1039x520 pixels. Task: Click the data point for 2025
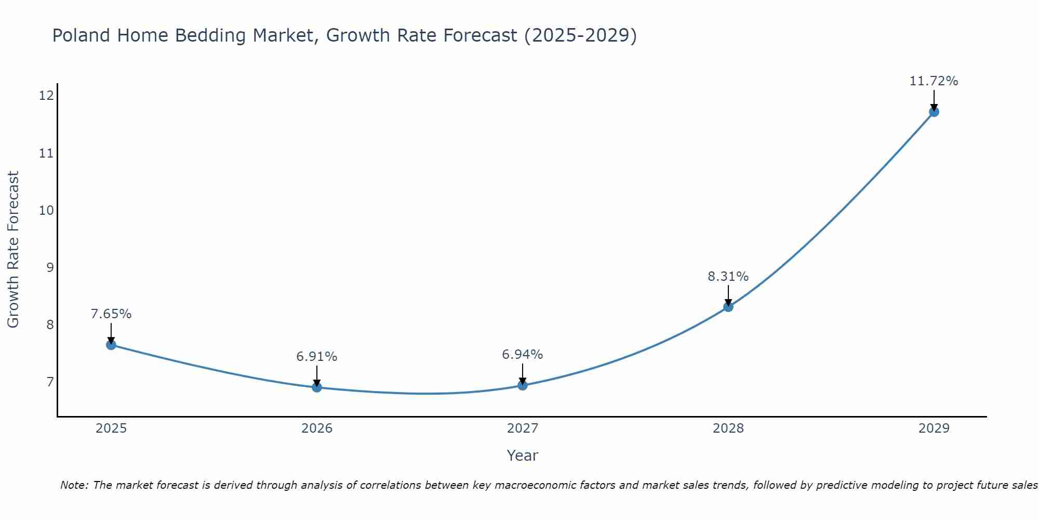tap(111, 345)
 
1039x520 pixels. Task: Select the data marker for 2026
tap(317, 387)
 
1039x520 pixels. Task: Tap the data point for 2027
tap(523, 385)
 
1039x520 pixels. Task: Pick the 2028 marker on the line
tap(728, 307)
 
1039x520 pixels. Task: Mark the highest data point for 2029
tap(934, 112)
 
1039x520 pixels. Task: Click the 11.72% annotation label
tap(934, 81)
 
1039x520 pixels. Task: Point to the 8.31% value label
tap(728, 277)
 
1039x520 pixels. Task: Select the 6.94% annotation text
tap(522, 355)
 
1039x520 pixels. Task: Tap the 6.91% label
tap(316, 357)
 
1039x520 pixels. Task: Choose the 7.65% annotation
tap(111, 314)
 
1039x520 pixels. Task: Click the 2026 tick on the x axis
tap(317, 428)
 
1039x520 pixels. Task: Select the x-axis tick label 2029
tap(934, 428)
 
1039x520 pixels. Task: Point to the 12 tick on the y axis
tap(46, 96)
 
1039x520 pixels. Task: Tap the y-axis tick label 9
tap(49, 268)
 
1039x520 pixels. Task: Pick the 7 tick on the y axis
tap(49, 382)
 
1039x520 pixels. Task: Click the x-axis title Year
tap(522, 456)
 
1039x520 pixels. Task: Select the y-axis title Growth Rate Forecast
tap(14, 250)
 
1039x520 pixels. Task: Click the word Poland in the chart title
tap(82, 36)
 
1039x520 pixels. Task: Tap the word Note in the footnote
tap(74, 486)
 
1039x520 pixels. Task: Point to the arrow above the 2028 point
tap(728, 295)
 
